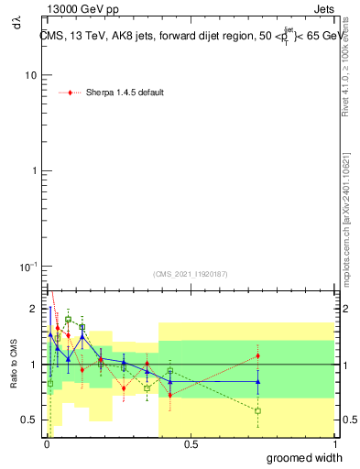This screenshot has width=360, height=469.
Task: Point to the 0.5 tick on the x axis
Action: [191, 444]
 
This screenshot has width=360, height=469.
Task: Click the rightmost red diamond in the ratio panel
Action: [258, 355]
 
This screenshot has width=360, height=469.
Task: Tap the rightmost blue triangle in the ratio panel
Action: [258, 381]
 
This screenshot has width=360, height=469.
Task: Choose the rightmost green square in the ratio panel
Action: [258, 410]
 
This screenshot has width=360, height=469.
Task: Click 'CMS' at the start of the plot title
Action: [51, 35]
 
